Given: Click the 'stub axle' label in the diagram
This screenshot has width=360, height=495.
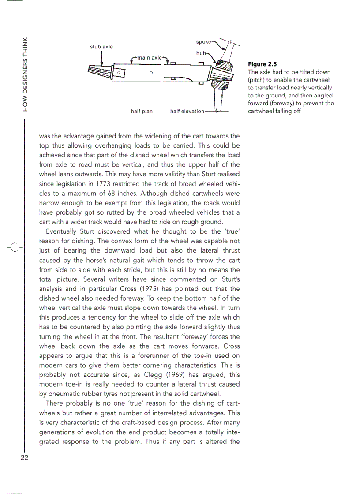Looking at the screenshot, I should (101, 47).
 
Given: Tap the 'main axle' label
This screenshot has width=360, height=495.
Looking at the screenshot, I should (149, 58).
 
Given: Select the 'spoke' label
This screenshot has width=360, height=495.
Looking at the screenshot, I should (203, 42).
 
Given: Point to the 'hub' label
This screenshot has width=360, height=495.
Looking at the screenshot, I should (201, 53).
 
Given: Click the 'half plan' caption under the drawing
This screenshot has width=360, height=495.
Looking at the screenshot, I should (142, 112).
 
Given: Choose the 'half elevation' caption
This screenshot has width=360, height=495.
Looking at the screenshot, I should (187, 112).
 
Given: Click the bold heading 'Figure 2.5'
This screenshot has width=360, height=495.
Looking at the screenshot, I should (262, 64).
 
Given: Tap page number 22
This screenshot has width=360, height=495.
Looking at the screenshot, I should (24, 458).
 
